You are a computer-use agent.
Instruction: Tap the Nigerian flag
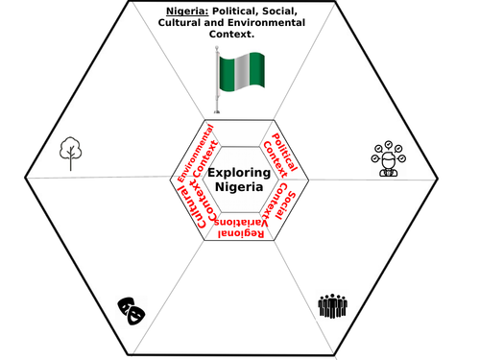240,74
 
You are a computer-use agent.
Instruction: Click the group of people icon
331,305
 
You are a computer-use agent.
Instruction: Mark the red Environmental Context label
201,154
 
